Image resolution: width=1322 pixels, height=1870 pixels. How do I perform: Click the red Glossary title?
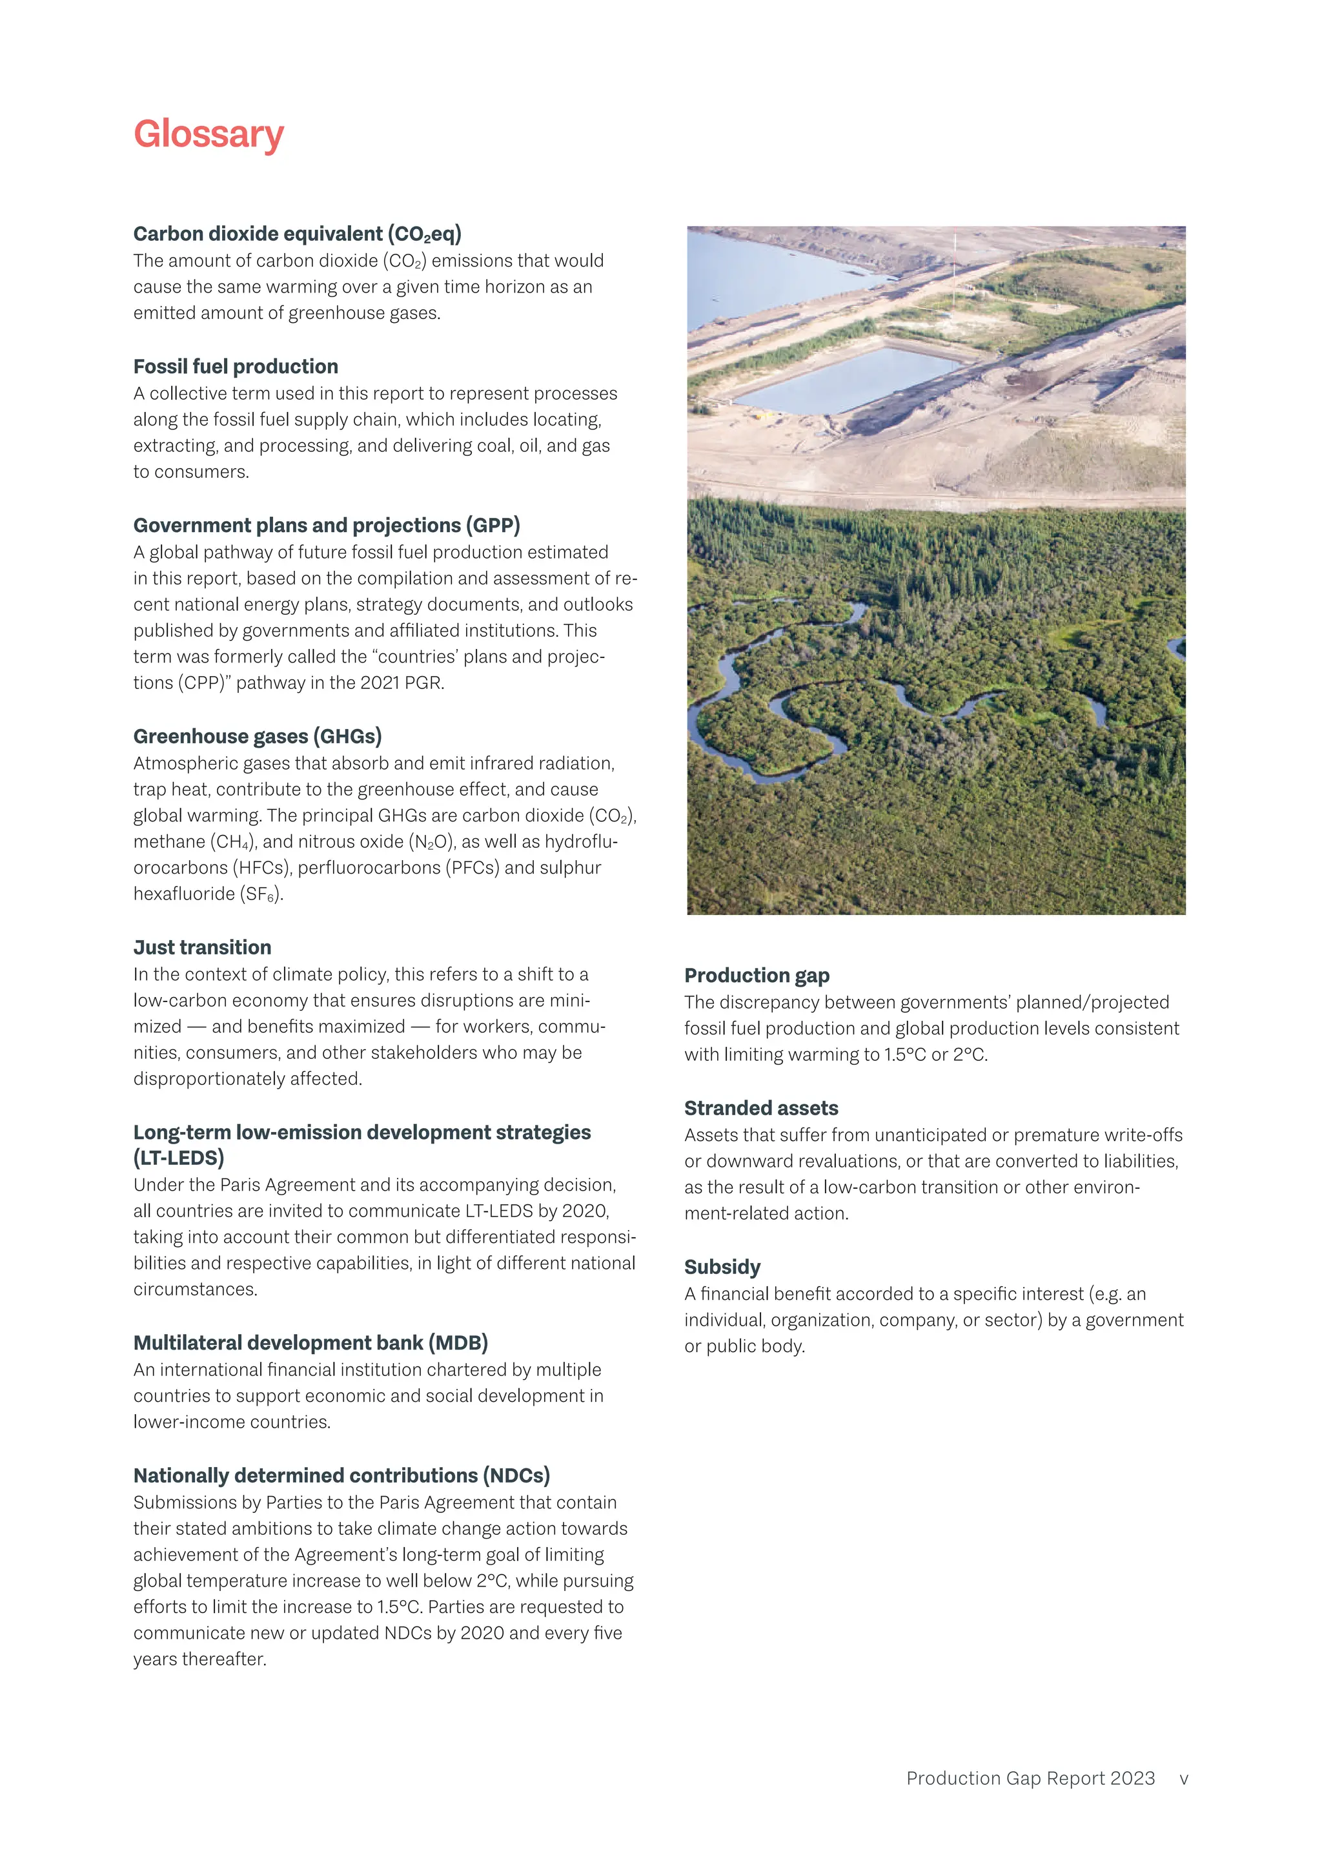208,134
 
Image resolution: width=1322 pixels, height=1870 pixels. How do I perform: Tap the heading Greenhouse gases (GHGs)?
258,736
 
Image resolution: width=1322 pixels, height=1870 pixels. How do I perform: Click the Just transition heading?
203,947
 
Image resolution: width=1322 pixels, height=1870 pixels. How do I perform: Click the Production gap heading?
757,975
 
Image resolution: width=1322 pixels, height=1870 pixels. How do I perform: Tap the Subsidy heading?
722,1268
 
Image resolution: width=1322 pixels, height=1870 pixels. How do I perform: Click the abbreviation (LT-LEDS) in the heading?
179,1158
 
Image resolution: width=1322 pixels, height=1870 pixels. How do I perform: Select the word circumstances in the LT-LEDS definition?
196,1289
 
